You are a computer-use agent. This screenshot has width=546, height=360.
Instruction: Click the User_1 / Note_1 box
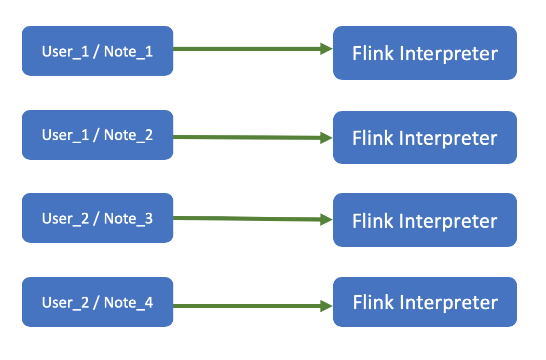click(x=98, y=51)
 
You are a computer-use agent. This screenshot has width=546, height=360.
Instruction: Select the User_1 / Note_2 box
click(x=98, y=135)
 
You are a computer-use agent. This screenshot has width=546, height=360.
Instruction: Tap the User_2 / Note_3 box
click(x=98, y=218)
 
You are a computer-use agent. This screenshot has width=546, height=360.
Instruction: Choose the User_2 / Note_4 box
click(x=98, y=302)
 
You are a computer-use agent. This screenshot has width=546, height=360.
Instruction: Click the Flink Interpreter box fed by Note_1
click(x=425, y=53)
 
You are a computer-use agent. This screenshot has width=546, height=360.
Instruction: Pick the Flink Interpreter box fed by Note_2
click(x=425, y=137)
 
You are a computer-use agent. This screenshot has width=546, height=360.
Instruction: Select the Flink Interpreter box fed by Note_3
click(x=425, y=220)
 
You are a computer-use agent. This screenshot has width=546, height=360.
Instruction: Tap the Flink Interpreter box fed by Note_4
click(x=425, y=302)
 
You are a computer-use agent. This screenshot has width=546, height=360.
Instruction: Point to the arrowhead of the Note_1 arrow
click(x=326, y=49)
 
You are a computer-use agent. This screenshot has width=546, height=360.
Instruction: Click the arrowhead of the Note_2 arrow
click(x=326, y=138)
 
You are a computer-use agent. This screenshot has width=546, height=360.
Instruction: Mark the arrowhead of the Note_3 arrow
click(x=326, y=219)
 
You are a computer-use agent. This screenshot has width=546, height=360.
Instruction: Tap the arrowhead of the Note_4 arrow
click(x=326, y=306)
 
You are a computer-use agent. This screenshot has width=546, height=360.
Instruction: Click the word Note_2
click(x=129, y=135)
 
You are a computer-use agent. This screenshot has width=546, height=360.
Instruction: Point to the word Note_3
click(x=129, y=219)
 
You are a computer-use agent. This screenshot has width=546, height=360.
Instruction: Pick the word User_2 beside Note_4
click(x=65, y=302)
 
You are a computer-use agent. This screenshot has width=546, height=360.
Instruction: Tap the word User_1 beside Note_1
click(x=65, y=51)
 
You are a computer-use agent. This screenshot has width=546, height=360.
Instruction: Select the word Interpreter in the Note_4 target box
click(x=449, y=303)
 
